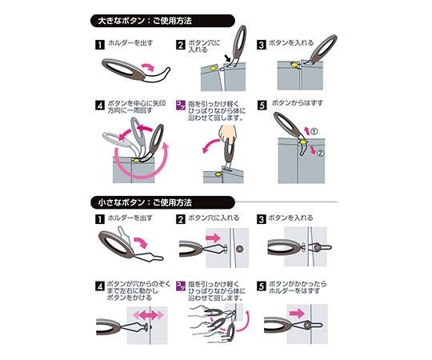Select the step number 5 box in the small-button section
click(x=260, y=286)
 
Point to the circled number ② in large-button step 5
click(x=320, y=153)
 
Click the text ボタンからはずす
click(x=298, y=103)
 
